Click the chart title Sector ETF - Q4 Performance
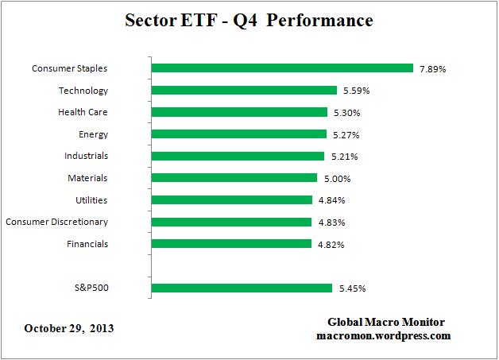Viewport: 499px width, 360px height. point(249,21)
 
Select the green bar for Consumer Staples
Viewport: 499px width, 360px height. point(281,68)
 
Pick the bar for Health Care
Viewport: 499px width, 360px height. point(238,112)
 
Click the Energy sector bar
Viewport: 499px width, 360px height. point(238,134)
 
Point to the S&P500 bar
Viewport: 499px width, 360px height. point(241,288)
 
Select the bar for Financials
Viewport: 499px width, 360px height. point(230,243)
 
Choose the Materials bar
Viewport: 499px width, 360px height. point(234,178)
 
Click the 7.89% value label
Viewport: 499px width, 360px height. point(433,69)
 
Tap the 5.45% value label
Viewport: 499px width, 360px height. point(352,288)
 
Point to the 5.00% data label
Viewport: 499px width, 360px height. point(337,179)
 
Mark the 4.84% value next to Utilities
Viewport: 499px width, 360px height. point(331,200)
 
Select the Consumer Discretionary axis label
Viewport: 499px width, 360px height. point(56,222)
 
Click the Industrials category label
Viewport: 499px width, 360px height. point(86,156)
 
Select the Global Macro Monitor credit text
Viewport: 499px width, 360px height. point(386,322)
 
